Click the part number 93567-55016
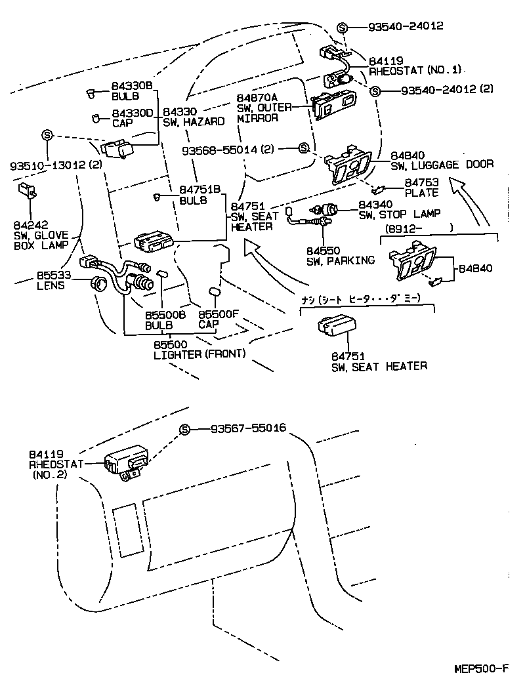[248, 428]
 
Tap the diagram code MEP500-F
[482, 669]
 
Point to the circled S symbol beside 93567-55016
[185, 429]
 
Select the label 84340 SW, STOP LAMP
[398, 209]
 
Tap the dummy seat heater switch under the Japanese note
[337, 328]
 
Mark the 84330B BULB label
[131, 91]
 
